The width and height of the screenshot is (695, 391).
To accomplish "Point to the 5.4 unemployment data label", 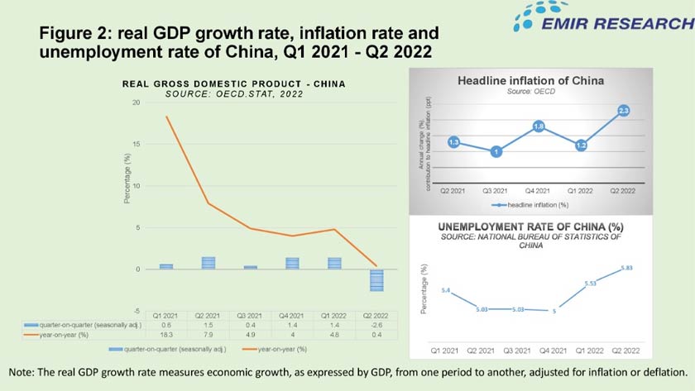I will click(446, 290).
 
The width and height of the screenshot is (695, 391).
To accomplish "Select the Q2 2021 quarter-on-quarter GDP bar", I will click(209, 263).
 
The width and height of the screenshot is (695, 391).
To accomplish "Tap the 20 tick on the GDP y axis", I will click(135, 103).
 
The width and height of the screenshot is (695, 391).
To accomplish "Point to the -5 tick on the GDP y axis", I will click(136, 310).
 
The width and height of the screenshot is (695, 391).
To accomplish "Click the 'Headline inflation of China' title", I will click(531, 81).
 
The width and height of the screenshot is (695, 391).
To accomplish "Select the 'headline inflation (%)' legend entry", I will click(538, 203).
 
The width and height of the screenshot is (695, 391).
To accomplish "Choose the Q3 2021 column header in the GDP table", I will click(257, 317).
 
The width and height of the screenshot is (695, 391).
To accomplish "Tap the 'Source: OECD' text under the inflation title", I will click(530, 91).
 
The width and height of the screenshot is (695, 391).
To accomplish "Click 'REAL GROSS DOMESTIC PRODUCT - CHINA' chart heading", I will click(233, 83).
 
